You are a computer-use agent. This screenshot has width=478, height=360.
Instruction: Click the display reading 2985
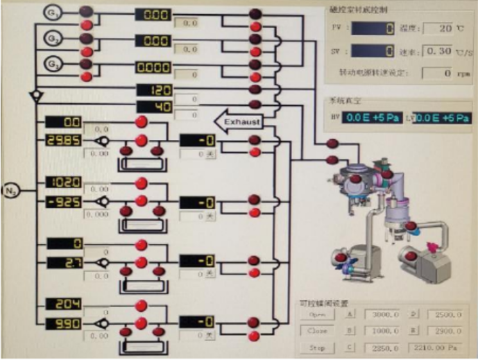tap(64, 141)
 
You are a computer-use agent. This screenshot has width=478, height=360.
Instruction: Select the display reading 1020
tap(64, 182)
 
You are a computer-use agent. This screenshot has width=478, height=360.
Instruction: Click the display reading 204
tap(64, 304)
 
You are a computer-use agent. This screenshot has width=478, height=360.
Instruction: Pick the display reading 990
tap(64, 324)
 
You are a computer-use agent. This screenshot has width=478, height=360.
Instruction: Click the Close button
tap(318, 331)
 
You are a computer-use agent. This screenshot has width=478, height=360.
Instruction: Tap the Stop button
tap(318, 348)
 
